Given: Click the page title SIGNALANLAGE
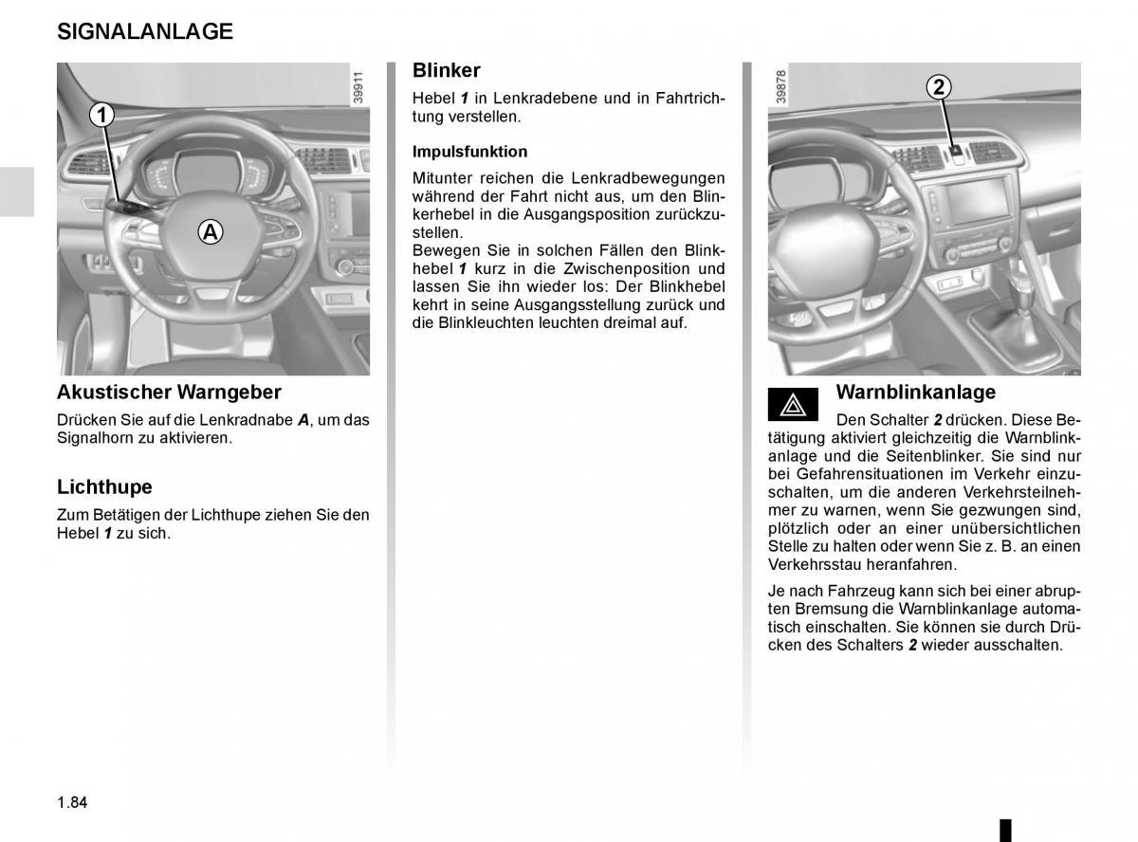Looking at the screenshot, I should click(145, 31).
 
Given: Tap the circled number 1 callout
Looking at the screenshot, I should click(101, 116).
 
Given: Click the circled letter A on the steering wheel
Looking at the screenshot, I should click(211, 230).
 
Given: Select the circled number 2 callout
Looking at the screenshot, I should click(938, 87).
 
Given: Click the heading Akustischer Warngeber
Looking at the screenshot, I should click(169, 392).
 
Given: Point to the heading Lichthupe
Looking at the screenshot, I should click(104, 487).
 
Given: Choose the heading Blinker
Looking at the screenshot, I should click(447, 70).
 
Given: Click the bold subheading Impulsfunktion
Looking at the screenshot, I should click(469, 152).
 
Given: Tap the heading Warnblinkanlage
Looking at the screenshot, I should click(916, 392).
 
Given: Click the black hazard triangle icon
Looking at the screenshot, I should click(793, 406).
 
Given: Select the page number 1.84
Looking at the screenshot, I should click(72, 802).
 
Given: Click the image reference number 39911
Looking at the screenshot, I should click(358, 87).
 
